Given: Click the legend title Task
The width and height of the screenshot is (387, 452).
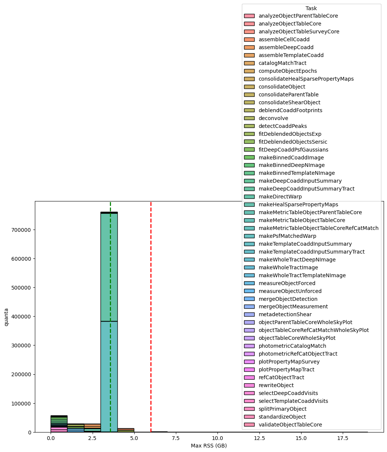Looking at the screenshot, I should [x=311, y=8].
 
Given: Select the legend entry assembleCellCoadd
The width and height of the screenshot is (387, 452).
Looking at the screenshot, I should [x=284, y=39].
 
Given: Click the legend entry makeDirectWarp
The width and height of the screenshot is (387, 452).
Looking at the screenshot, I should [x=280, y=197].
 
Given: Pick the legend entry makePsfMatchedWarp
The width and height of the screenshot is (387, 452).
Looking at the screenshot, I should [x=287, y=236].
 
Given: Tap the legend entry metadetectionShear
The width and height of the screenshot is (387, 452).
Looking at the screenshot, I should [x=285, y=314].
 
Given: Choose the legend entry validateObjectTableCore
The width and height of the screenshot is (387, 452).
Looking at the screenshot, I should [x=290, y=425].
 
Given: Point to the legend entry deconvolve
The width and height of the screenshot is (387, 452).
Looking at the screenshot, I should [x=273, y=118].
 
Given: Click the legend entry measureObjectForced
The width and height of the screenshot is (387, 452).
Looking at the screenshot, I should [x=287, y=283].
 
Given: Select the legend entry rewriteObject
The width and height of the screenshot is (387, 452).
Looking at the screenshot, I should [x=276, y=385].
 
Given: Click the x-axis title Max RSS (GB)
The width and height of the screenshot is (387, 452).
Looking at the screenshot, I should [x=209, y=446].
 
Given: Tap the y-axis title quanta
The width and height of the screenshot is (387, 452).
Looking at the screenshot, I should [x=6, y=317].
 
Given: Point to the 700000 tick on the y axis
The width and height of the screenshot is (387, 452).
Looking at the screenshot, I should [x=22, y=230].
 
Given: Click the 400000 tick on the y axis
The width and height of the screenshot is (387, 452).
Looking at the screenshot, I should [x=22, y=317].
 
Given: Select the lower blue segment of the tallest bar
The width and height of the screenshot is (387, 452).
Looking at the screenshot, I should [x=109, y=375].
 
